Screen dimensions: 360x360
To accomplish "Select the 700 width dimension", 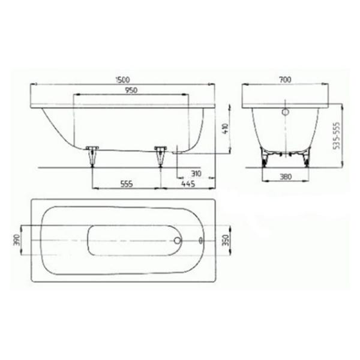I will pyautogui.click(x=285, y=79).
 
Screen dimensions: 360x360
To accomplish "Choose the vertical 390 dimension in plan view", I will pyautogui.click(x=17, y=241).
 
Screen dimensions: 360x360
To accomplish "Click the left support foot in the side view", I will pyautogui.click(x=92, y=155).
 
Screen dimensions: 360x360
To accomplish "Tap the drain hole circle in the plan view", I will pyautogui.click(x=176, y=241).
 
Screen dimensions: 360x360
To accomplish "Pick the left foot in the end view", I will pyautogui.click(x=265, y=158).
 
